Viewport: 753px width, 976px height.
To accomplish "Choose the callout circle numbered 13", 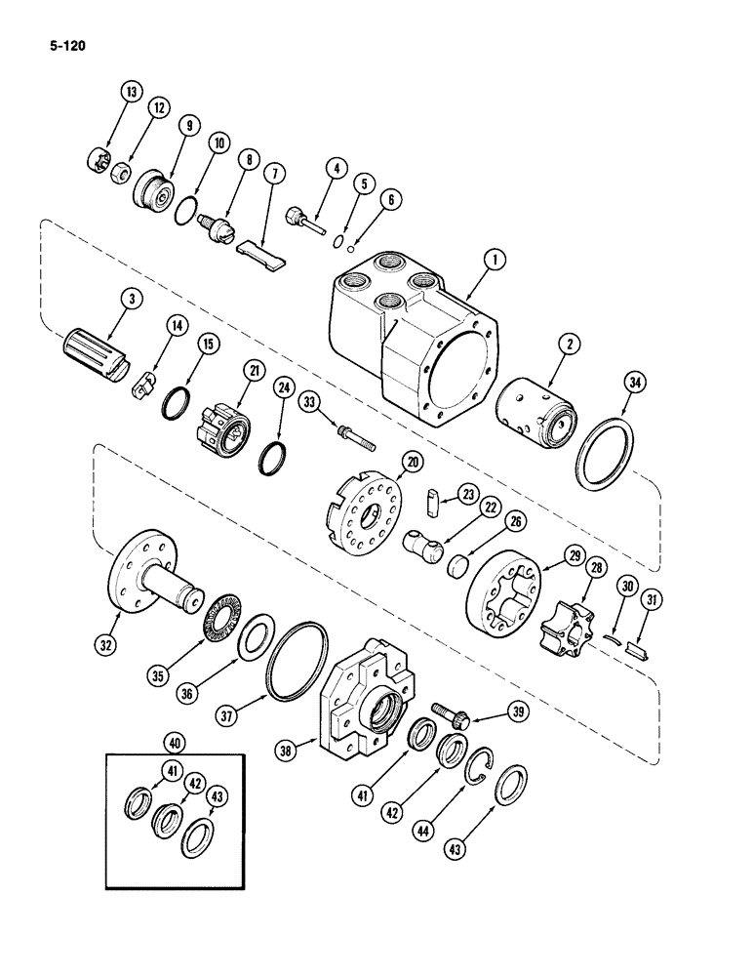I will pyautogui.click(x=130, y=93).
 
